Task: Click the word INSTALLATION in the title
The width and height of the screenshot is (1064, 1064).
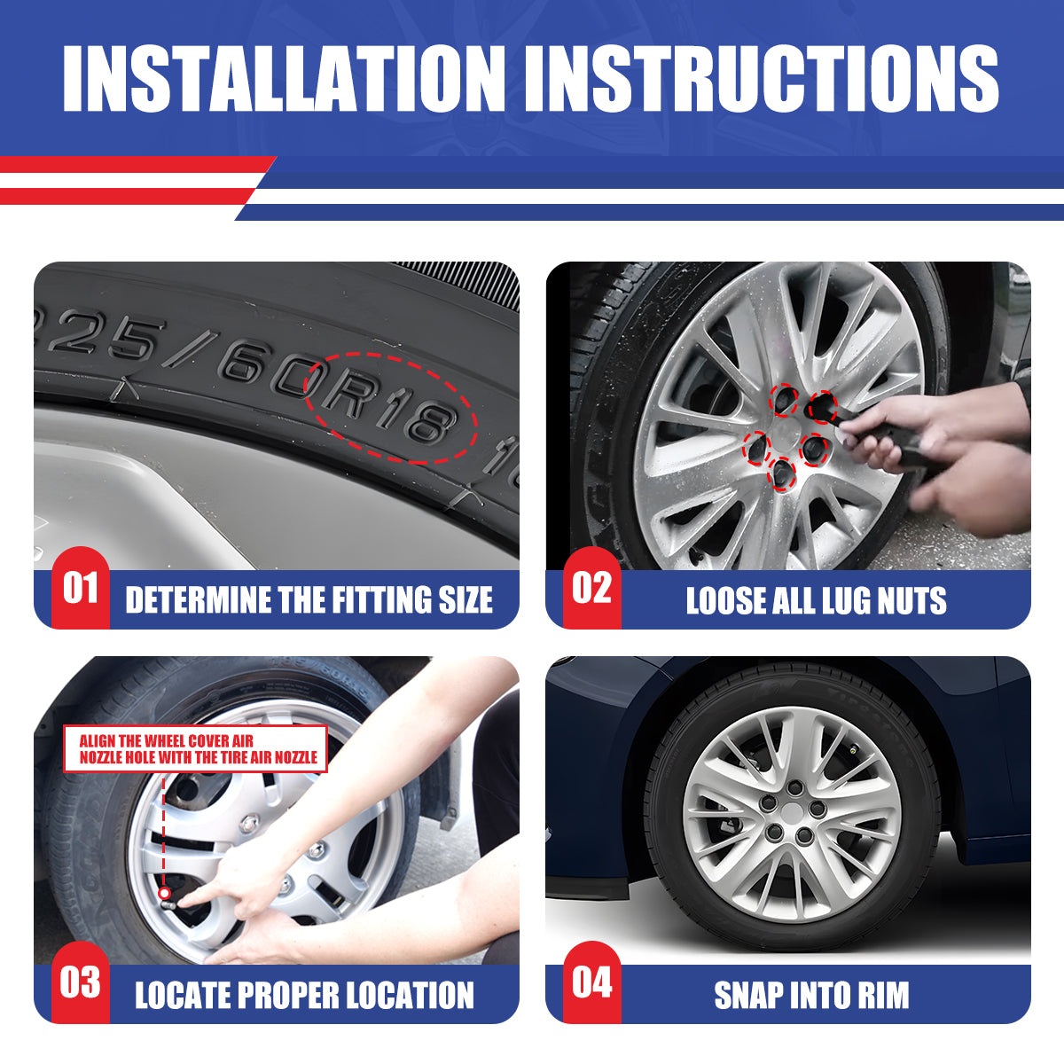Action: pos(285,79)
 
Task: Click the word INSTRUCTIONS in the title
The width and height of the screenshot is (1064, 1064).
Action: pos(762,79)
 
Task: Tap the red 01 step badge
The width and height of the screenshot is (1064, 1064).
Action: pos(81,588)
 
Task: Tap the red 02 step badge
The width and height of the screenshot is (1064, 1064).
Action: pos(592,588)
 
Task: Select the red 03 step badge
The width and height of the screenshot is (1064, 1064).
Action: pos(81,982)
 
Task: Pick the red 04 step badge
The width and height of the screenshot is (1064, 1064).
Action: pos(592,982)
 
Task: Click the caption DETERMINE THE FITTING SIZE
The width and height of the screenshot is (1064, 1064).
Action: pos(309,600)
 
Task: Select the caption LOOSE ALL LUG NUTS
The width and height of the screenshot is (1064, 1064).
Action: pos(816,600)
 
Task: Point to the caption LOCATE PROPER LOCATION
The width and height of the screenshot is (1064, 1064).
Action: pos(304,995)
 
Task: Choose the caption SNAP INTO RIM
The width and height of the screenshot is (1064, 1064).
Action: pos(811,995)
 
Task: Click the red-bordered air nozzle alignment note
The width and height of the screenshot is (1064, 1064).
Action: pos(196,748)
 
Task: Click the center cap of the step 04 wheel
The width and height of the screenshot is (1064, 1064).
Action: pos(792,811)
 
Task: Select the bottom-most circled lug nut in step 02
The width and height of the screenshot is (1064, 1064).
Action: pos(781,473)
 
